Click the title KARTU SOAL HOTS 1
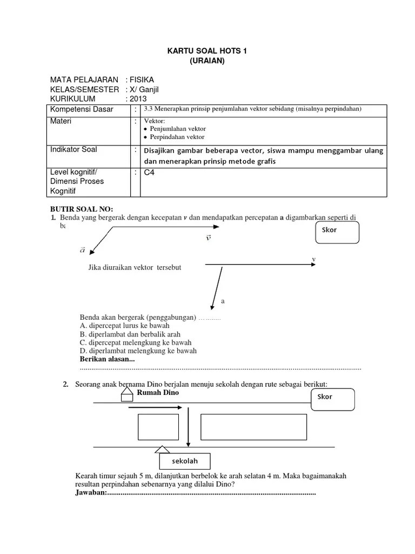coord(207,51)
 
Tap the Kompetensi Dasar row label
coord(82,109)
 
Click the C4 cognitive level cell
coord(149,173)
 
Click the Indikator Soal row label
coord(74,149)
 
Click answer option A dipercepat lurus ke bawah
coord(125,326)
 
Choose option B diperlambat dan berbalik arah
coord(130,334)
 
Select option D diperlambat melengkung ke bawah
coord(138,351)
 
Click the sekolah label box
coord(185,461)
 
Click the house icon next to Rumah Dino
coord(126,395)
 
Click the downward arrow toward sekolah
coord(188,427)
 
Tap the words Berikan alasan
coord(107,359)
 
